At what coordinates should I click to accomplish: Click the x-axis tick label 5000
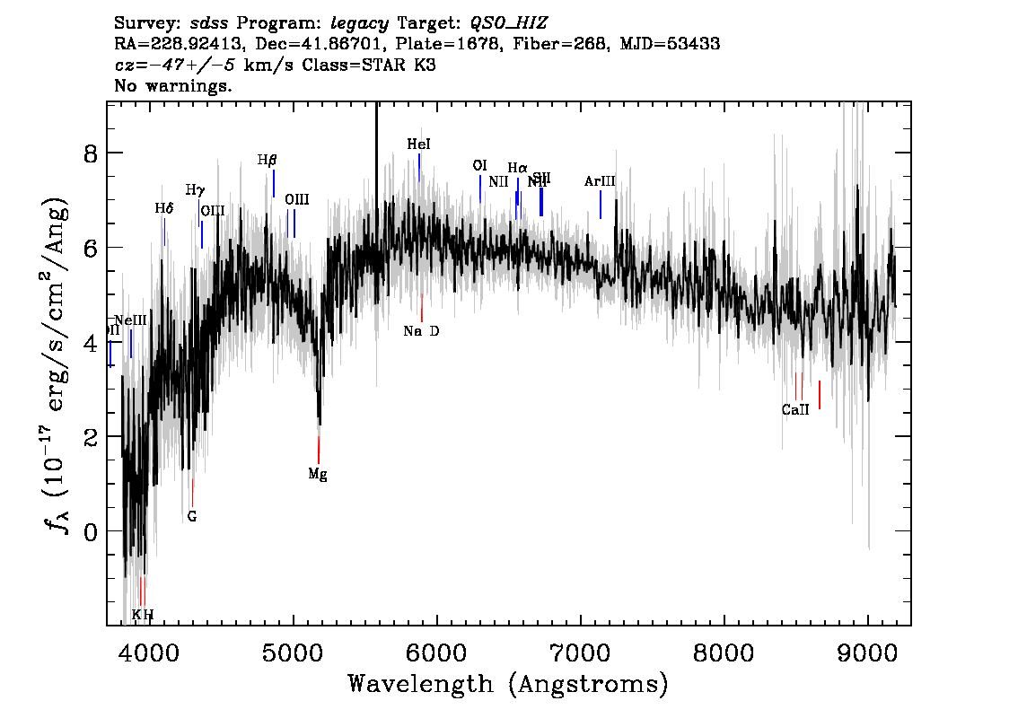(293, 652)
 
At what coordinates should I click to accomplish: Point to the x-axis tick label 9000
(868, 652)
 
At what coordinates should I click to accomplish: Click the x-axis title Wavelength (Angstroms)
(508, 685)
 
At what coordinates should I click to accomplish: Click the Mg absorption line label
(318, 475)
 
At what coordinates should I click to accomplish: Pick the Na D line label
(421, 331)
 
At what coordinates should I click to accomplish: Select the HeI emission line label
(418, 144)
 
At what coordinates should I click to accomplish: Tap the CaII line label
(794, 410)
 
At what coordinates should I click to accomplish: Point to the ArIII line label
(600, 181)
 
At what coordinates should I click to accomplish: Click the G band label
(192, 517)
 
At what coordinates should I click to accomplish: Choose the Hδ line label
(163, 208)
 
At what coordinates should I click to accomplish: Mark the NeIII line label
(130, 320)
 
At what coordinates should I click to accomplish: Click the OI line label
(479, 166)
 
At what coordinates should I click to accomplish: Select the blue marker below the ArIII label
(601, 205)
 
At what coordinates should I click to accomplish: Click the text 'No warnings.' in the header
(173, 86)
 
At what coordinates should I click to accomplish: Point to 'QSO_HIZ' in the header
(508, 21)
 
